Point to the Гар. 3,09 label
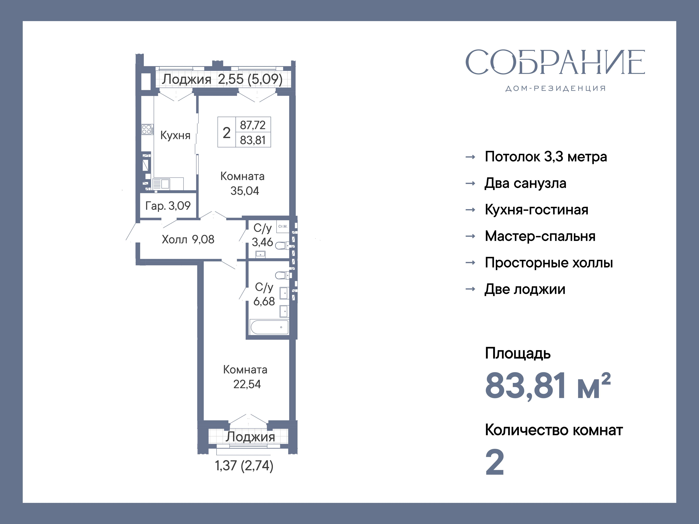(168, 206)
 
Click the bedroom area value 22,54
(247, 384)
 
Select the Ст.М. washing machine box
(283, 226)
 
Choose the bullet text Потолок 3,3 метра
(546, 157)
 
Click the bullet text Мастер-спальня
(540, 236)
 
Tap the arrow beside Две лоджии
(471, 289)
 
